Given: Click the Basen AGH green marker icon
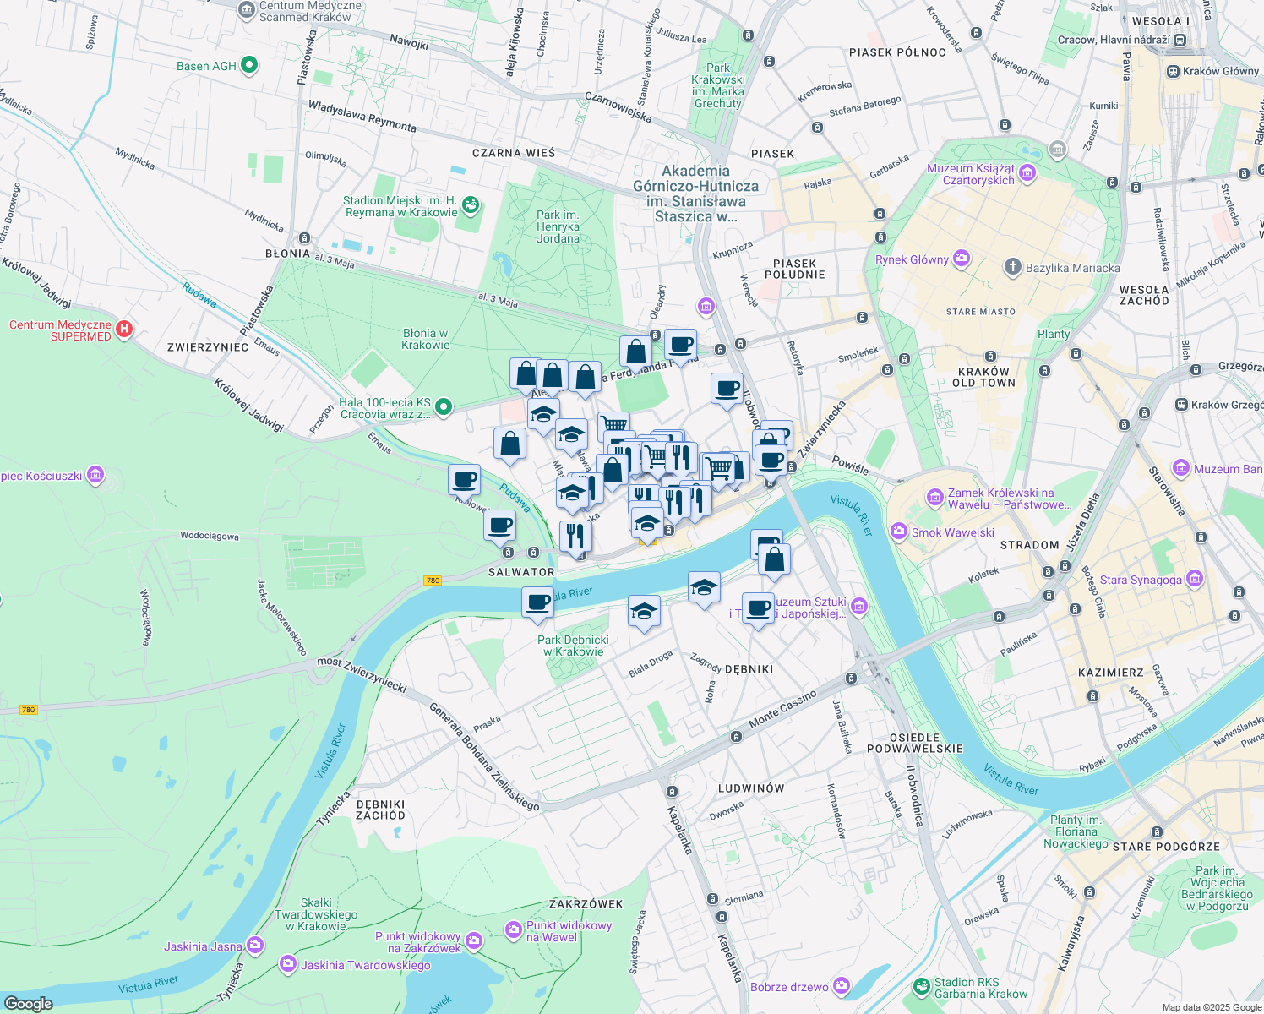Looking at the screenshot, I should (249, 65).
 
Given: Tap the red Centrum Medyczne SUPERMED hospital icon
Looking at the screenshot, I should (124, 330).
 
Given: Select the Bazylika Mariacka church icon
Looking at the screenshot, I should (1012, 268).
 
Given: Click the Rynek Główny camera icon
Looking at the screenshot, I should (961, 259).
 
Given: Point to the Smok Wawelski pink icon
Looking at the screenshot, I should (899, 532).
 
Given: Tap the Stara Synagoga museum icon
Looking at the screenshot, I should (1194, 579).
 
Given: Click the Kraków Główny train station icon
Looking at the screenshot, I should (1173, 71).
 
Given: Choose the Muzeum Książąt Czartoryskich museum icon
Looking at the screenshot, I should (1027, 174).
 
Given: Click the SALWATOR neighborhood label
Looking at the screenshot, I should (521, 572).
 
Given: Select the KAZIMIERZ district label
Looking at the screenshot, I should (1111, 673).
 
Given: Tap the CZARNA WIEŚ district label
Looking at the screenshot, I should (514, 153).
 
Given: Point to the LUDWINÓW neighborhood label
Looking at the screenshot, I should (751, 788).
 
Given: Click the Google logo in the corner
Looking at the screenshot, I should (29, 1003).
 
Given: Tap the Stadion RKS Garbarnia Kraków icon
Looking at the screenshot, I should (921, 987).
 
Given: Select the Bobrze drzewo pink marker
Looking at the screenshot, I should (841, 986).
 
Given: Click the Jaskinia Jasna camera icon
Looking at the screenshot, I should (255, 946).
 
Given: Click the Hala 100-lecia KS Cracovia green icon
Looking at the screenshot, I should (443, 408).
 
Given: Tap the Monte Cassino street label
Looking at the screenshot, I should (782, 708).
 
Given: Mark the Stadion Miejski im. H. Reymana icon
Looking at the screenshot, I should (471, 205).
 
